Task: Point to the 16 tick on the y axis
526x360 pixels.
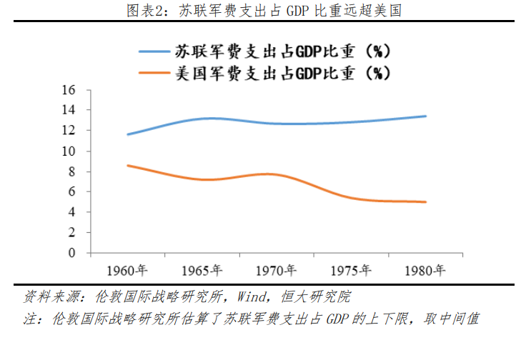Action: [x=69, y=90]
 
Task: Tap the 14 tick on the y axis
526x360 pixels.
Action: [x=69, y=110]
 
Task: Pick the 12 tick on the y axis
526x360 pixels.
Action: [x=69, y=131]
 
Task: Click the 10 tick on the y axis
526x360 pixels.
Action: [x=69, y=151]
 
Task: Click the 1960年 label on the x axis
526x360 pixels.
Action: [x=127, y=271]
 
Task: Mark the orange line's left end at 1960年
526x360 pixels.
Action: [x=127, y=165]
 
